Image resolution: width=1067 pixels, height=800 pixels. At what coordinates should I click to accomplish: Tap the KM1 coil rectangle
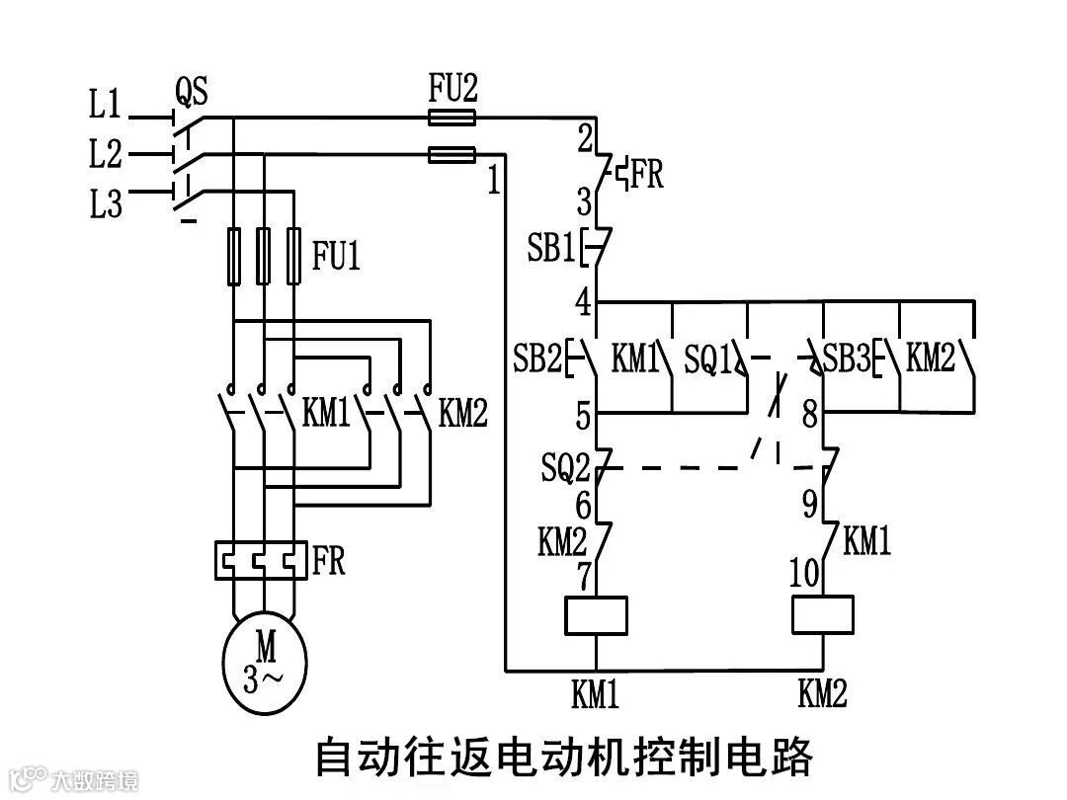[x=596, y=615]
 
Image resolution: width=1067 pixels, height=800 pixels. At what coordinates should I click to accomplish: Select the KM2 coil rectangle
[x=823, y=615]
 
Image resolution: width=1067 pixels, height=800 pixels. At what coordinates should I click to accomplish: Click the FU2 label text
[x=452, y=90]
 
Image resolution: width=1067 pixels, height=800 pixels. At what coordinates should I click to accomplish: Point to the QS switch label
[x=191, y=93]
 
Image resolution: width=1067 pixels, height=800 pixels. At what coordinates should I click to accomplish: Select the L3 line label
[x=105, y=204]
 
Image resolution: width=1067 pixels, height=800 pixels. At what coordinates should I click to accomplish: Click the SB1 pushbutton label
[x=550, y=248]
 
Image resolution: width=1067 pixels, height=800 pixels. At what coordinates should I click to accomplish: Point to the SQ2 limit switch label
[x=565, y=466]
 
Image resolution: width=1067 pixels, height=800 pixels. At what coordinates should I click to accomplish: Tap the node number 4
[x=584, y=300]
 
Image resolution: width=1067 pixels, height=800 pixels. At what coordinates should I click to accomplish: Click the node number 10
[x=805, y=573]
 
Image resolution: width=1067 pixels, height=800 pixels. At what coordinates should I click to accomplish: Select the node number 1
[x=493, y=181]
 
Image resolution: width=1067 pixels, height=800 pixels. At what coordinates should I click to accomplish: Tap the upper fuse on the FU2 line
[x=451, y=118]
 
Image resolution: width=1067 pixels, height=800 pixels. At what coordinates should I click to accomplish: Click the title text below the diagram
[x=563, y=757]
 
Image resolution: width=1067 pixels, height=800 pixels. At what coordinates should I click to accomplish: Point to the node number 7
[x=584, y=573]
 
